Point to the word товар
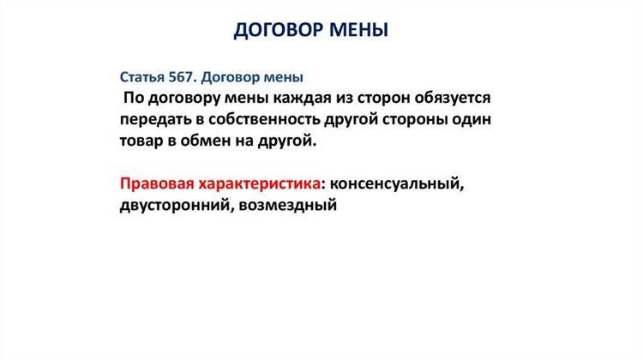146,141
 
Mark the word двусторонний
171,207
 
